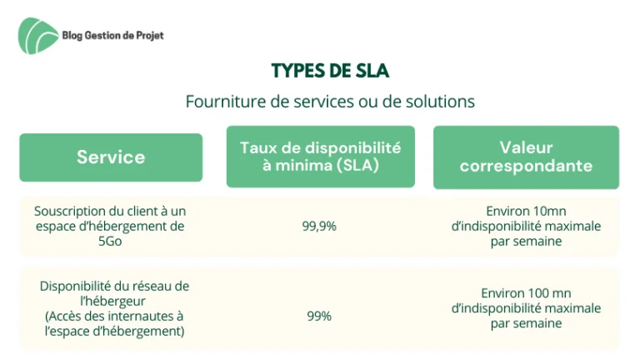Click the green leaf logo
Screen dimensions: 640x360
38,36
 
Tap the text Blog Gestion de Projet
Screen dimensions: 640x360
113,36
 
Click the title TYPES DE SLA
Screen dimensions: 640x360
330,71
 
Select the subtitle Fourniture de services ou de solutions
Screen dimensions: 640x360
330,101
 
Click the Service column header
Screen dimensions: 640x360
111,157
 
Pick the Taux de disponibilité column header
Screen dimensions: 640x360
321,157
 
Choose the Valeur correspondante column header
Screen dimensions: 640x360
526,157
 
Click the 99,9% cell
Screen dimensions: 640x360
319,226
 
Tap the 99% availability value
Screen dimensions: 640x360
319,316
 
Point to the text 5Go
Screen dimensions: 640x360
110,241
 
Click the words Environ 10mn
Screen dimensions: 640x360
526,211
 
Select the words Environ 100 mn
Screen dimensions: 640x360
526,293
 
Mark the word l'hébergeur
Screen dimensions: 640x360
113,301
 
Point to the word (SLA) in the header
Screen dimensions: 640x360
358,165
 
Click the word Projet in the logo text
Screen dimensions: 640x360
150,36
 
